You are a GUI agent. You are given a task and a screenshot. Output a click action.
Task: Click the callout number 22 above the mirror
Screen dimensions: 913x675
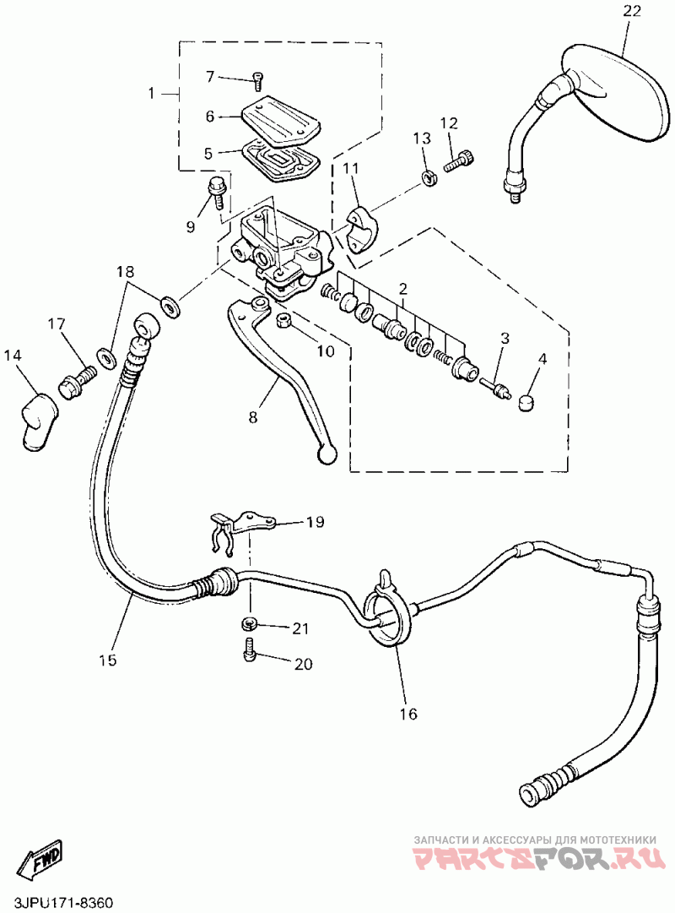click(x=632, y=11)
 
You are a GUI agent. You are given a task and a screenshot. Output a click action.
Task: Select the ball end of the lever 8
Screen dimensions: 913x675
click(x=327, y=455)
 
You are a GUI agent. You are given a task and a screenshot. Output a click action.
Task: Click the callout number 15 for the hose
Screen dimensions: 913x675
click(x=107, y=660)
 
